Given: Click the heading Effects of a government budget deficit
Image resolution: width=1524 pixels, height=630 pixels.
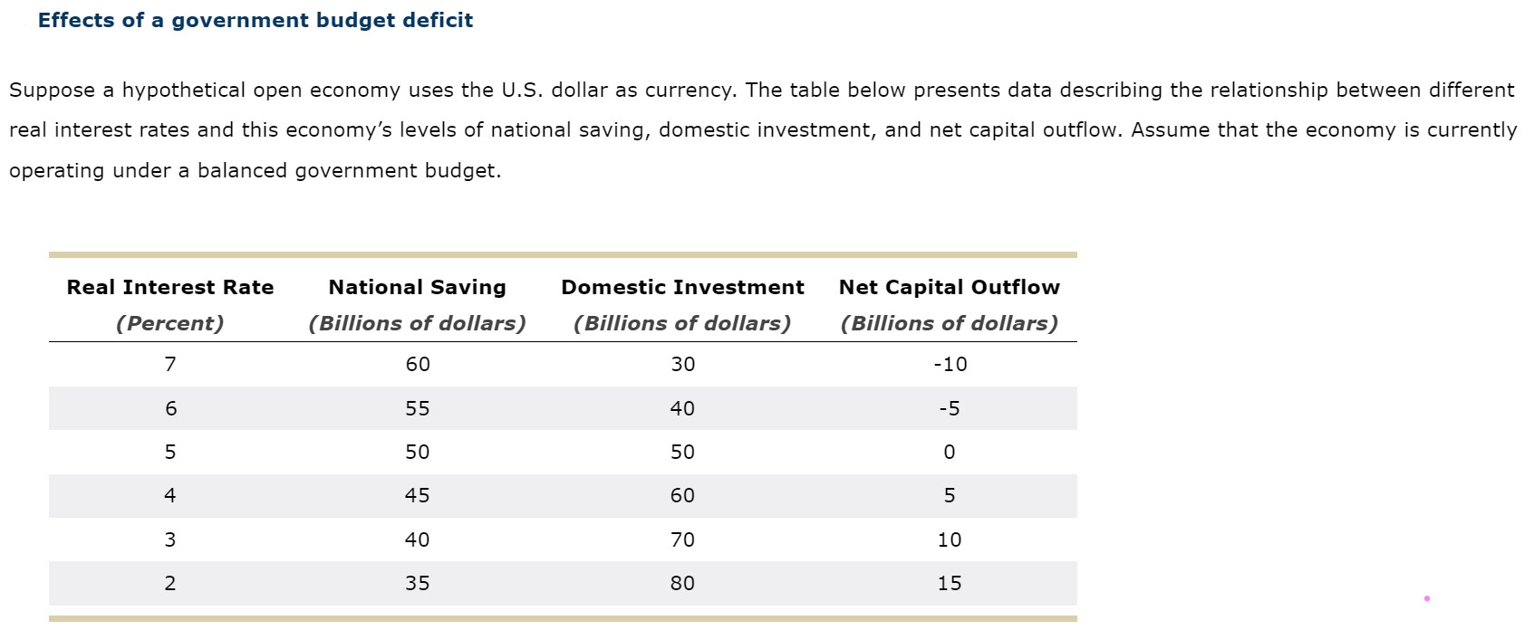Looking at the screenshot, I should coord(255,20).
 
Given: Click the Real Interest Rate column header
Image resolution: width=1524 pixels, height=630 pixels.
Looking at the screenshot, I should coord(170,287).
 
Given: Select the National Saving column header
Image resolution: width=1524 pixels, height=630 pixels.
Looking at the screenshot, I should coord(417,287).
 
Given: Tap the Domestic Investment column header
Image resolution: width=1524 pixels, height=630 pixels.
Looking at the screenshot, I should coord(682,287).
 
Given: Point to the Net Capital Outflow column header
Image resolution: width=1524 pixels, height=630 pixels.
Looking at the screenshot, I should coord(949,287).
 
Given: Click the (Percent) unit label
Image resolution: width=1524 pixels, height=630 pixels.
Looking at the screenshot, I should coord(170,323).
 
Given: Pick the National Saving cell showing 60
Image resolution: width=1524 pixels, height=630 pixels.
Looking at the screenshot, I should coord(418,364).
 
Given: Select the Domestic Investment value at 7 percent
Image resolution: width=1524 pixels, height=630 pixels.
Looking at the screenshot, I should coord(682,364).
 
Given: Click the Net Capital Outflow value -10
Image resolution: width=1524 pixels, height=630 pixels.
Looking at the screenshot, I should coord(950,364).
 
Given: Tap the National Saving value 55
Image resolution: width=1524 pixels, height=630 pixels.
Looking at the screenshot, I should coord(418,408).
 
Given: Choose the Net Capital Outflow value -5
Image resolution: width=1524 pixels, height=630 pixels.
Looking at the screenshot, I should coord(949,408).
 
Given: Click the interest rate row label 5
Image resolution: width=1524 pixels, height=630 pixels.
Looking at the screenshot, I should coord(170,452).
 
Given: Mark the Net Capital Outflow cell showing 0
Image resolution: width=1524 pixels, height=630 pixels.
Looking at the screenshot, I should coord(949,452).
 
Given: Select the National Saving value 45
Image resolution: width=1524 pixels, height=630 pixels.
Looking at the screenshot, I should coord(418,495).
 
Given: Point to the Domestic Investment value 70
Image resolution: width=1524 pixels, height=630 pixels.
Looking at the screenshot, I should coord(682,539).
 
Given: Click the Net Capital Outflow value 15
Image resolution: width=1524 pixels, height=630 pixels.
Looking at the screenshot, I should coord(949,583).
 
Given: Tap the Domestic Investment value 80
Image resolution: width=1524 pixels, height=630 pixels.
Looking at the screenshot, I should coord(682,583).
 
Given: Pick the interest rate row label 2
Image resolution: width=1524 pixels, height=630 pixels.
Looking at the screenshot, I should coord(170,583).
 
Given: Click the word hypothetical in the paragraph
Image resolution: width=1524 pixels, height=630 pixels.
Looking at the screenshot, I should coord(184,91).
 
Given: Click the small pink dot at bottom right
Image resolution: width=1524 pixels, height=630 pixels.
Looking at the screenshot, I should coord(1426,598).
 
